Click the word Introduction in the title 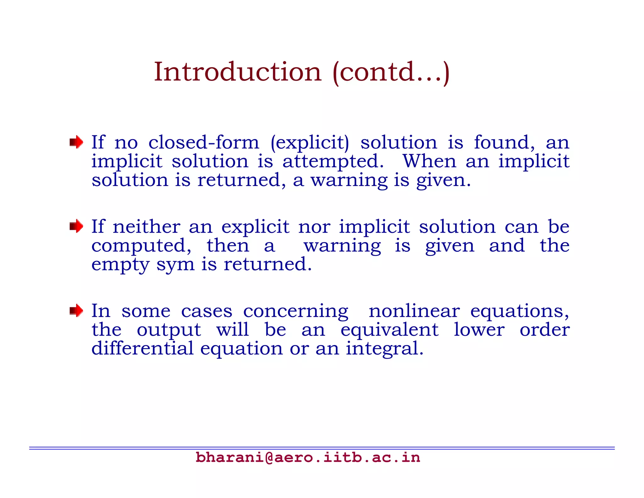click(x=238, y=72)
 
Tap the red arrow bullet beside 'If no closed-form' click(x=76, y=142)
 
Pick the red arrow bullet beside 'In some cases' click(x=76, y=311)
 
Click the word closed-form click(x=204, y=143)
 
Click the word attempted click(x=333, y=161)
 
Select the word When click(x=430, y=161)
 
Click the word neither click(x=147, y=227)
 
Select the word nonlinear click(x=414, y=311)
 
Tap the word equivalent click(x=389, y=330)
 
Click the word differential click(x=142, y=348)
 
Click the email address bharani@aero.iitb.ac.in click(x=308, y=457)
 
